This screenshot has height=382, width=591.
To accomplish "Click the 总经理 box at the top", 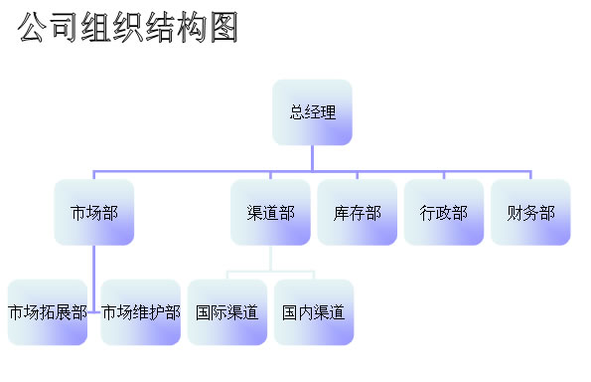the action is [312, 112].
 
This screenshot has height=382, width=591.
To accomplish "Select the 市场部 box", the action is [93, 212].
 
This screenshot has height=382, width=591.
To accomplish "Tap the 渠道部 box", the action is [270, 212].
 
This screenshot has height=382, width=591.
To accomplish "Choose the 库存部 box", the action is [358, 212].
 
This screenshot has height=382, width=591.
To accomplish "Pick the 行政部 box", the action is [444, 212].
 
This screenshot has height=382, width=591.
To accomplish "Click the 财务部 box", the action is [530, 212].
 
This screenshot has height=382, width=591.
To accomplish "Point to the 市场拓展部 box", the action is [48, 312].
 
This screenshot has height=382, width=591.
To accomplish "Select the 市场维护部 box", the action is [141, 312].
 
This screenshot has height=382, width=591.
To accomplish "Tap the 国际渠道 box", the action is [227, 312].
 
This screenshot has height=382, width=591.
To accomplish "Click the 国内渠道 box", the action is [314, 312].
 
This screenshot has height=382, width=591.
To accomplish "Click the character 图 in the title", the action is [224, 27].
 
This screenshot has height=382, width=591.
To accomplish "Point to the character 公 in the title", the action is [32, 27].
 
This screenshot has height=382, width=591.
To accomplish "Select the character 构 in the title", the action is [193, 27].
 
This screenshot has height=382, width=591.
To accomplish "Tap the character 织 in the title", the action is [128, 27].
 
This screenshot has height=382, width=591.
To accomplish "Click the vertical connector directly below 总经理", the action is [312, 158].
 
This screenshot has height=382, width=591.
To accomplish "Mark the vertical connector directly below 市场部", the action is [93, 279].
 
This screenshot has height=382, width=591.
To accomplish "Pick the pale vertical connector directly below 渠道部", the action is [270, 259].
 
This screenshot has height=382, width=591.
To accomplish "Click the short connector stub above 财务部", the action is [530, 175].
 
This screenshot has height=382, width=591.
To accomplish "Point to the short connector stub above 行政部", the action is [444, 175].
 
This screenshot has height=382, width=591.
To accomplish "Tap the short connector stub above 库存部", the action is [358, 175].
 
